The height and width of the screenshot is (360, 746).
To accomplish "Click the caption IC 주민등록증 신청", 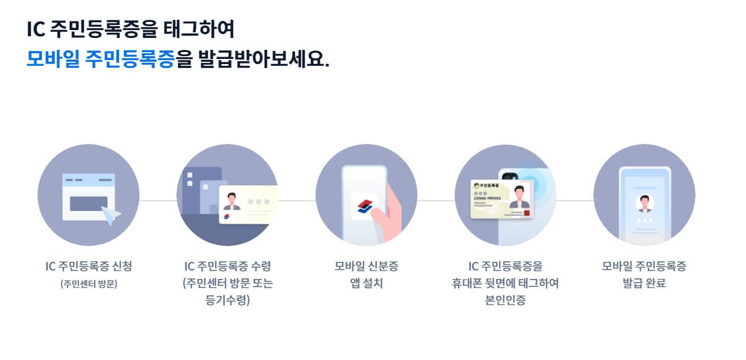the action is click(88, 266).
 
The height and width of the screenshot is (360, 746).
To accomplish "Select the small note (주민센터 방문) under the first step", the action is click(88, 284).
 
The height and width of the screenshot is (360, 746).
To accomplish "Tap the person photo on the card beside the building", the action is click(231, 201).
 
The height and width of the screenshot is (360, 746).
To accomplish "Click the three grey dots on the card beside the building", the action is click(259, 201).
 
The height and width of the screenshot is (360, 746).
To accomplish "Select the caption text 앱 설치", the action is click(366, 283).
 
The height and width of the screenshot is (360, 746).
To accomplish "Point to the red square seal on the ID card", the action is click(526, 213).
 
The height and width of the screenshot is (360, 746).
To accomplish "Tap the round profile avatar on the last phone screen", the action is click(644, 202).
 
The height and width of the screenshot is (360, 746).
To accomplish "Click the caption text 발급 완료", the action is click(644, 283).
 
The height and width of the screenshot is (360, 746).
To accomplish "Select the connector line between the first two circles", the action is click(158, 201).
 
